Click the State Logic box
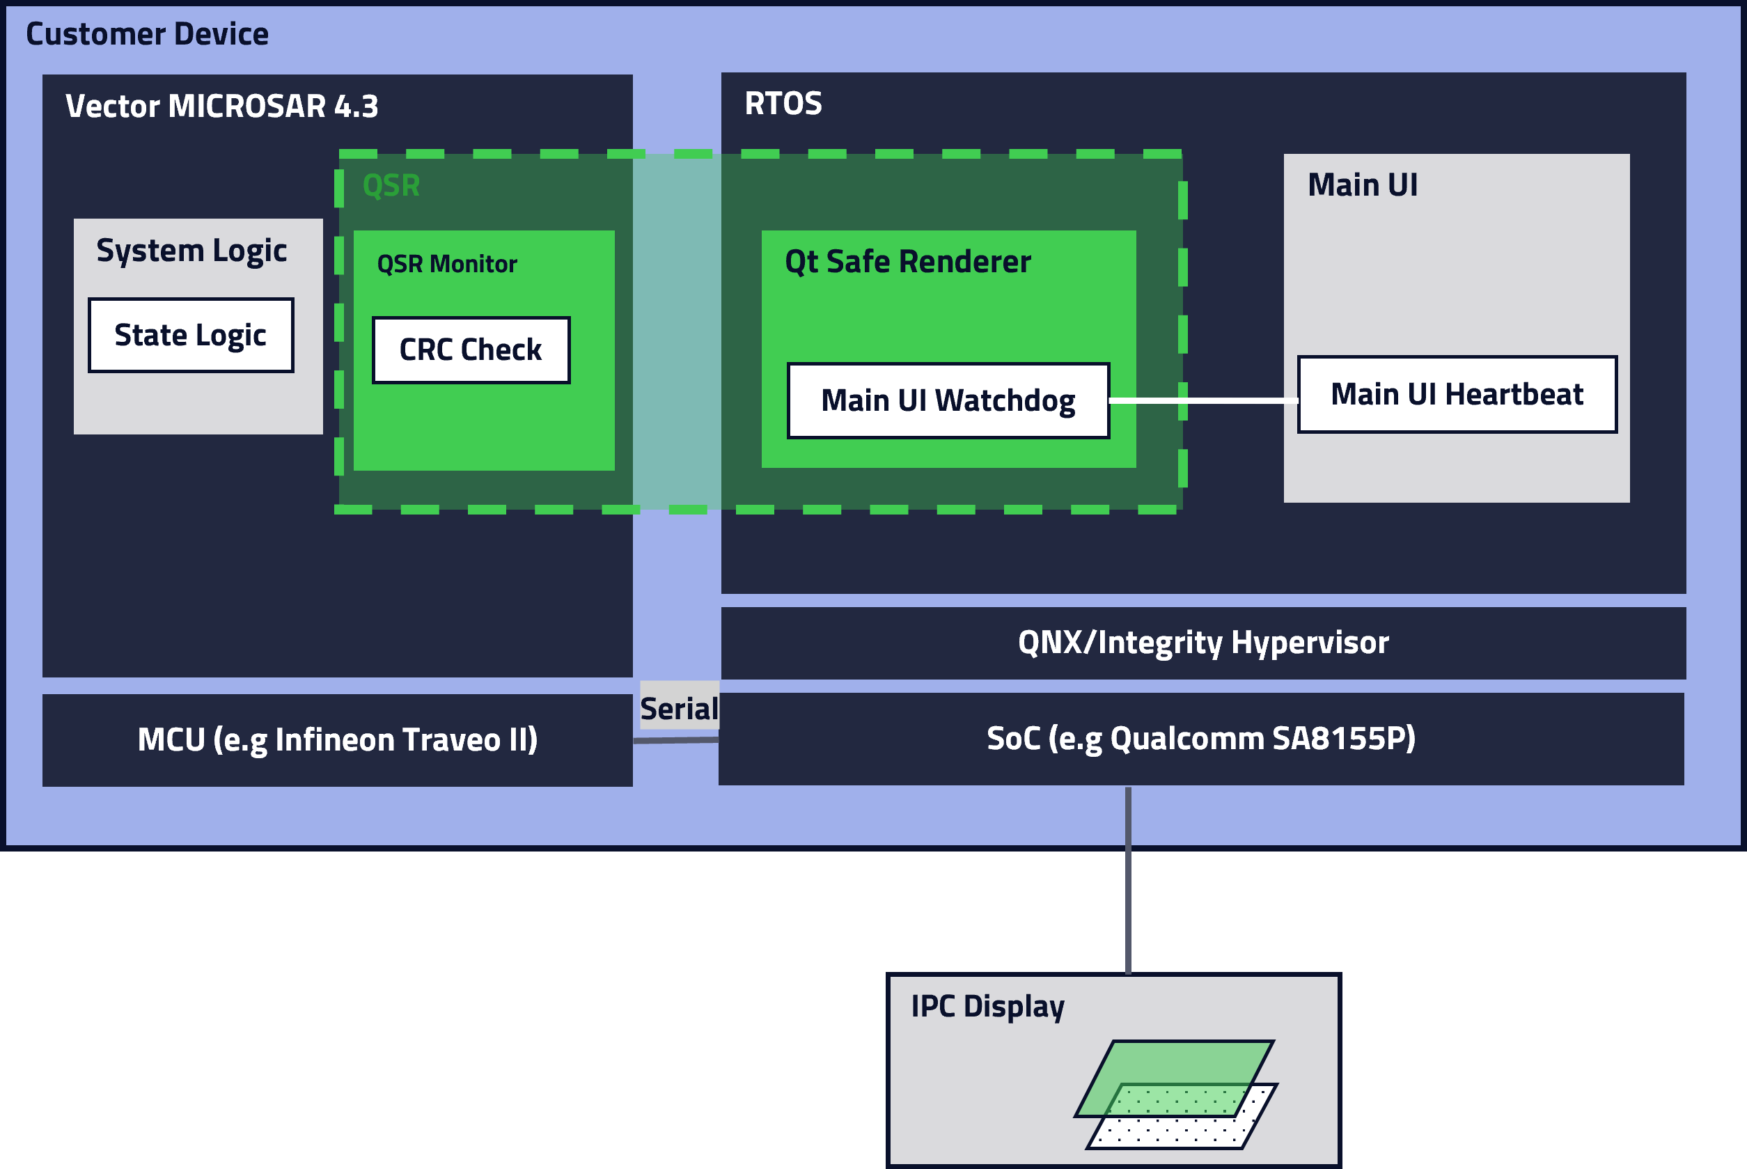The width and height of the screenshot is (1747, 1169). coord(191,336)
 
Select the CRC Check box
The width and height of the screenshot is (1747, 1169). coord(471,350)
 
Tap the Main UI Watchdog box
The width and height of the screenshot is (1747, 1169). coord(948,401)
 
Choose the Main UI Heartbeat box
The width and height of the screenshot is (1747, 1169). coord(1457,394)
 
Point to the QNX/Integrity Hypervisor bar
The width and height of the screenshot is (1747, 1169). coord(1203,643)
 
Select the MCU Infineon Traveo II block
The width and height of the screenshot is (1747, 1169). coord(337,739)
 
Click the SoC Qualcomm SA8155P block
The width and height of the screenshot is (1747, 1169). coord(1200,739)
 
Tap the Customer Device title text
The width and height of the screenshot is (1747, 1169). coord(147,34)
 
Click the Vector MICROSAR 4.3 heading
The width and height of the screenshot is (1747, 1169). coord(221,106)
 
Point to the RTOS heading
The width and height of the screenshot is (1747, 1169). coord(783,103)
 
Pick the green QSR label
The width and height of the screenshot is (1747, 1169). coord(391,185)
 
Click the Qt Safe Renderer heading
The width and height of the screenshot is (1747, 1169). coord(907,262)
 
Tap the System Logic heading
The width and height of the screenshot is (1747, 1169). coord(191,251)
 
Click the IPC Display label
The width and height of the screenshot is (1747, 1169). coord(987,1007)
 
